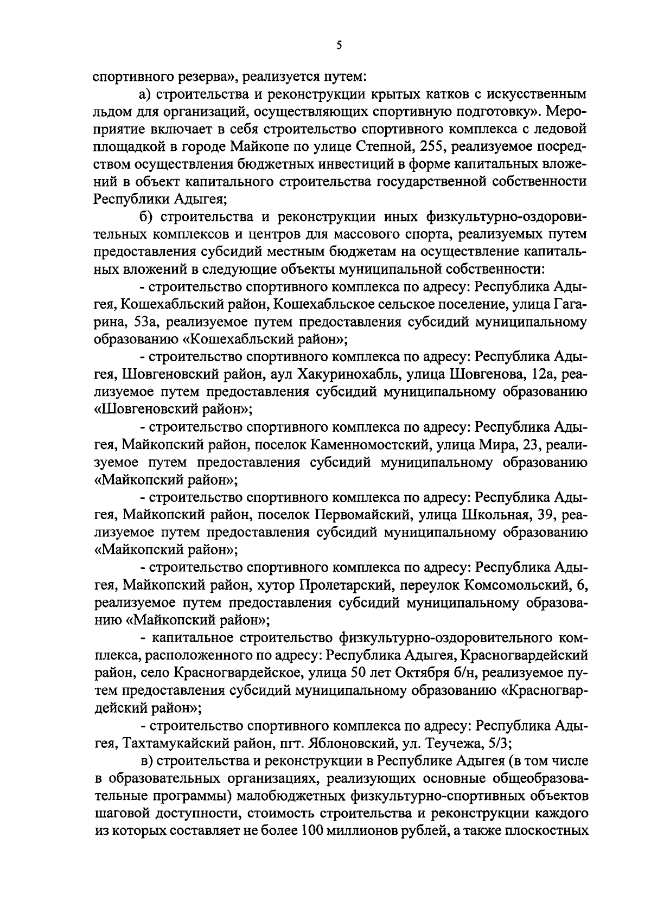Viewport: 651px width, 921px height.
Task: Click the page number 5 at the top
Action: click(x=339, y=46)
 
